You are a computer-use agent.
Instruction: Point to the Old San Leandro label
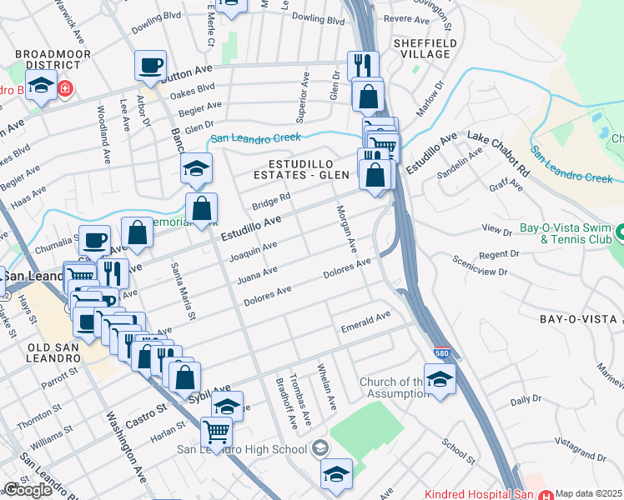coord(38,347)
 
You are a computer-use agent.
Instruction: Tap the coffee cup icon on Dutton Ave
coord(150,65)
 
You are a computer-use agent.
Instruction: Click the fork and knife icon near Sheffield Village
coord(363,65)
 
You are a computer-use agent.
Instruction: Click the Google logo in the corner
coord(28,490)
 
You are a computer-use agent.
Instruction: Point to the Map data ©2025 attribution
coord(588,493)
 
